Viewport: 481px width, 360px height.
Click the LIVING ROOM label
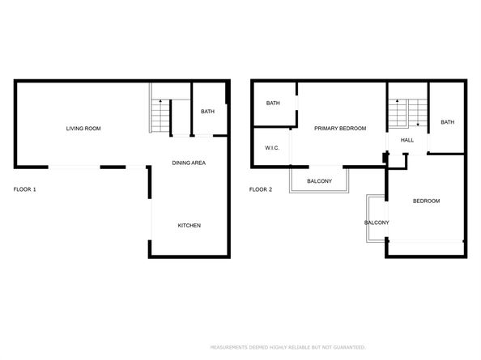pos(83,129)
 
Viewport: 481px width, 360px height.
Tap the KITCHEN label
pos(189,225)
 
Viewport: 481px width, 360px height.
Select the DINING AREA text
pos(189,163)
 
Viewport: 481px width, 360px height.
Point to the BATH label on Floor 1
pos(207,112)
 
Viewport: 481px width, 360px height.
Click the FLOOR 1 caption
pos(25,189)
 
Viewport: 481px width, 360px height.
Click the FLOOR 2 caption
pos(260,189)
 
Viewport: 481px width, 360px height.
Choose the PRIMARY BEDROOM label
pos(340,128)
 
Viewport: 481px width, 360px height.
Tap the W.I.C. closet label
pos(271,149)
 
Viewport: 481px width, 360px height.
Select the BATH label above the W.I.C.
pos(273,103)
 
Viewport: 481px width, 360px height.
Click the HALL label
pos(407,140)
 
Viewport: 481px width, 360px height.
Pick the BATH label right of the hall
pos(447,122)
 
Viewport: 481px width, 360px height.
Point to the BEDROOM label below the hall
pos(426,201)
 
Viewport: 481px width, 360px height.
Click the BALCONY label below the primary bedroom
pos(319,180)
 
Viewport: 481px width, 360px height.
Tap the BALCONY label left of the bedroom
pos(377,222)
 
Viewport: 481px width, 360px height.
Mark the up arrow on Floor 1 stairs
pos(161,104)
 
